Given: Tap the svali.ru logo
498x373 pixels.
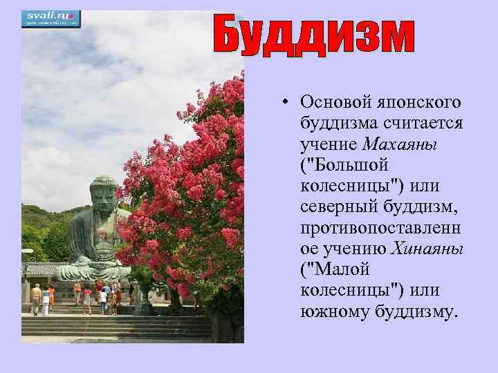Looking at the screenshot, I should click(x=50, y=18).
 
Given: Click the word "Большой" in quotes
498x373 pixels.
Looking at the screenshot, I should click(x=344, y=165).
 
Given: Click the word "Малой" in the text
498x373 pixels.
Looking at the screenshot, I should click(x=335, y=269).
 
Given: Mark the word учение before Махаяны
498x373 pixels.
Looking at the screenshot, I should click(x=329, y=144).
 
